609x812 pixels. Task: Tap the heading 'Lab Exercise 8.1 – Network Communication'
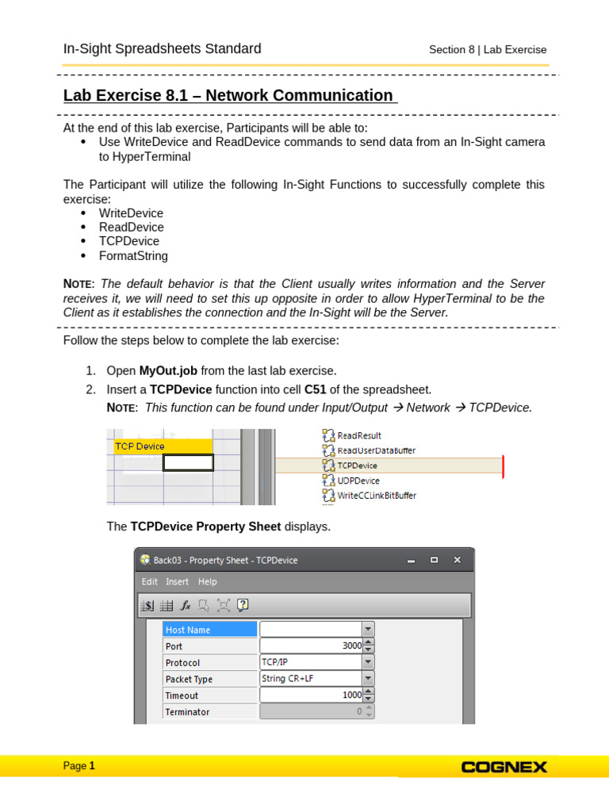(x=228, y=96)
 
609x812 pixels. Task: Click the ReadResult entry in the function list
(x=358, y=435)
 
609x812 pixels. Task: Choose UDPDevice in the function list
(x=358, y=481)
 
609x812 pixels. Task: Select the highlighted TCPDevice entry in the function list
(x=357, y=465)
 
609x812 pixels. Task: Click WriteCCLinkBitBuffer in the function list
(x=376, y=496)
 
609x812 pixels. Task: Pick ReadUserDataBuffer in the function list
(x=376, y=450)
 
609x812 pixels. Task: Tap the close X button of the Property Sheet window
(x=457, y=560)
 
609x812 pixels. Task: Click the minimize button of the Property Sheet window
(x=411, y=560)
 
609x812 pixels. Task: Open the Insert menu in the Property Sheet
(x=177, y=581)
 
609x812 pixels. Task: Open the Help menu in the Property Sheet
(x=207, y=581)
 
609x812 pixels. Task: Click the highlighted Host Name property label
(x=209, y=630)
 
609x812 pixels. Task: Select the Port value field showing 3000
(x=311, y=646)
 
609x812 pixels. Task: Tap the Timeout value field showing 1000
(x=311, y=695)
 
